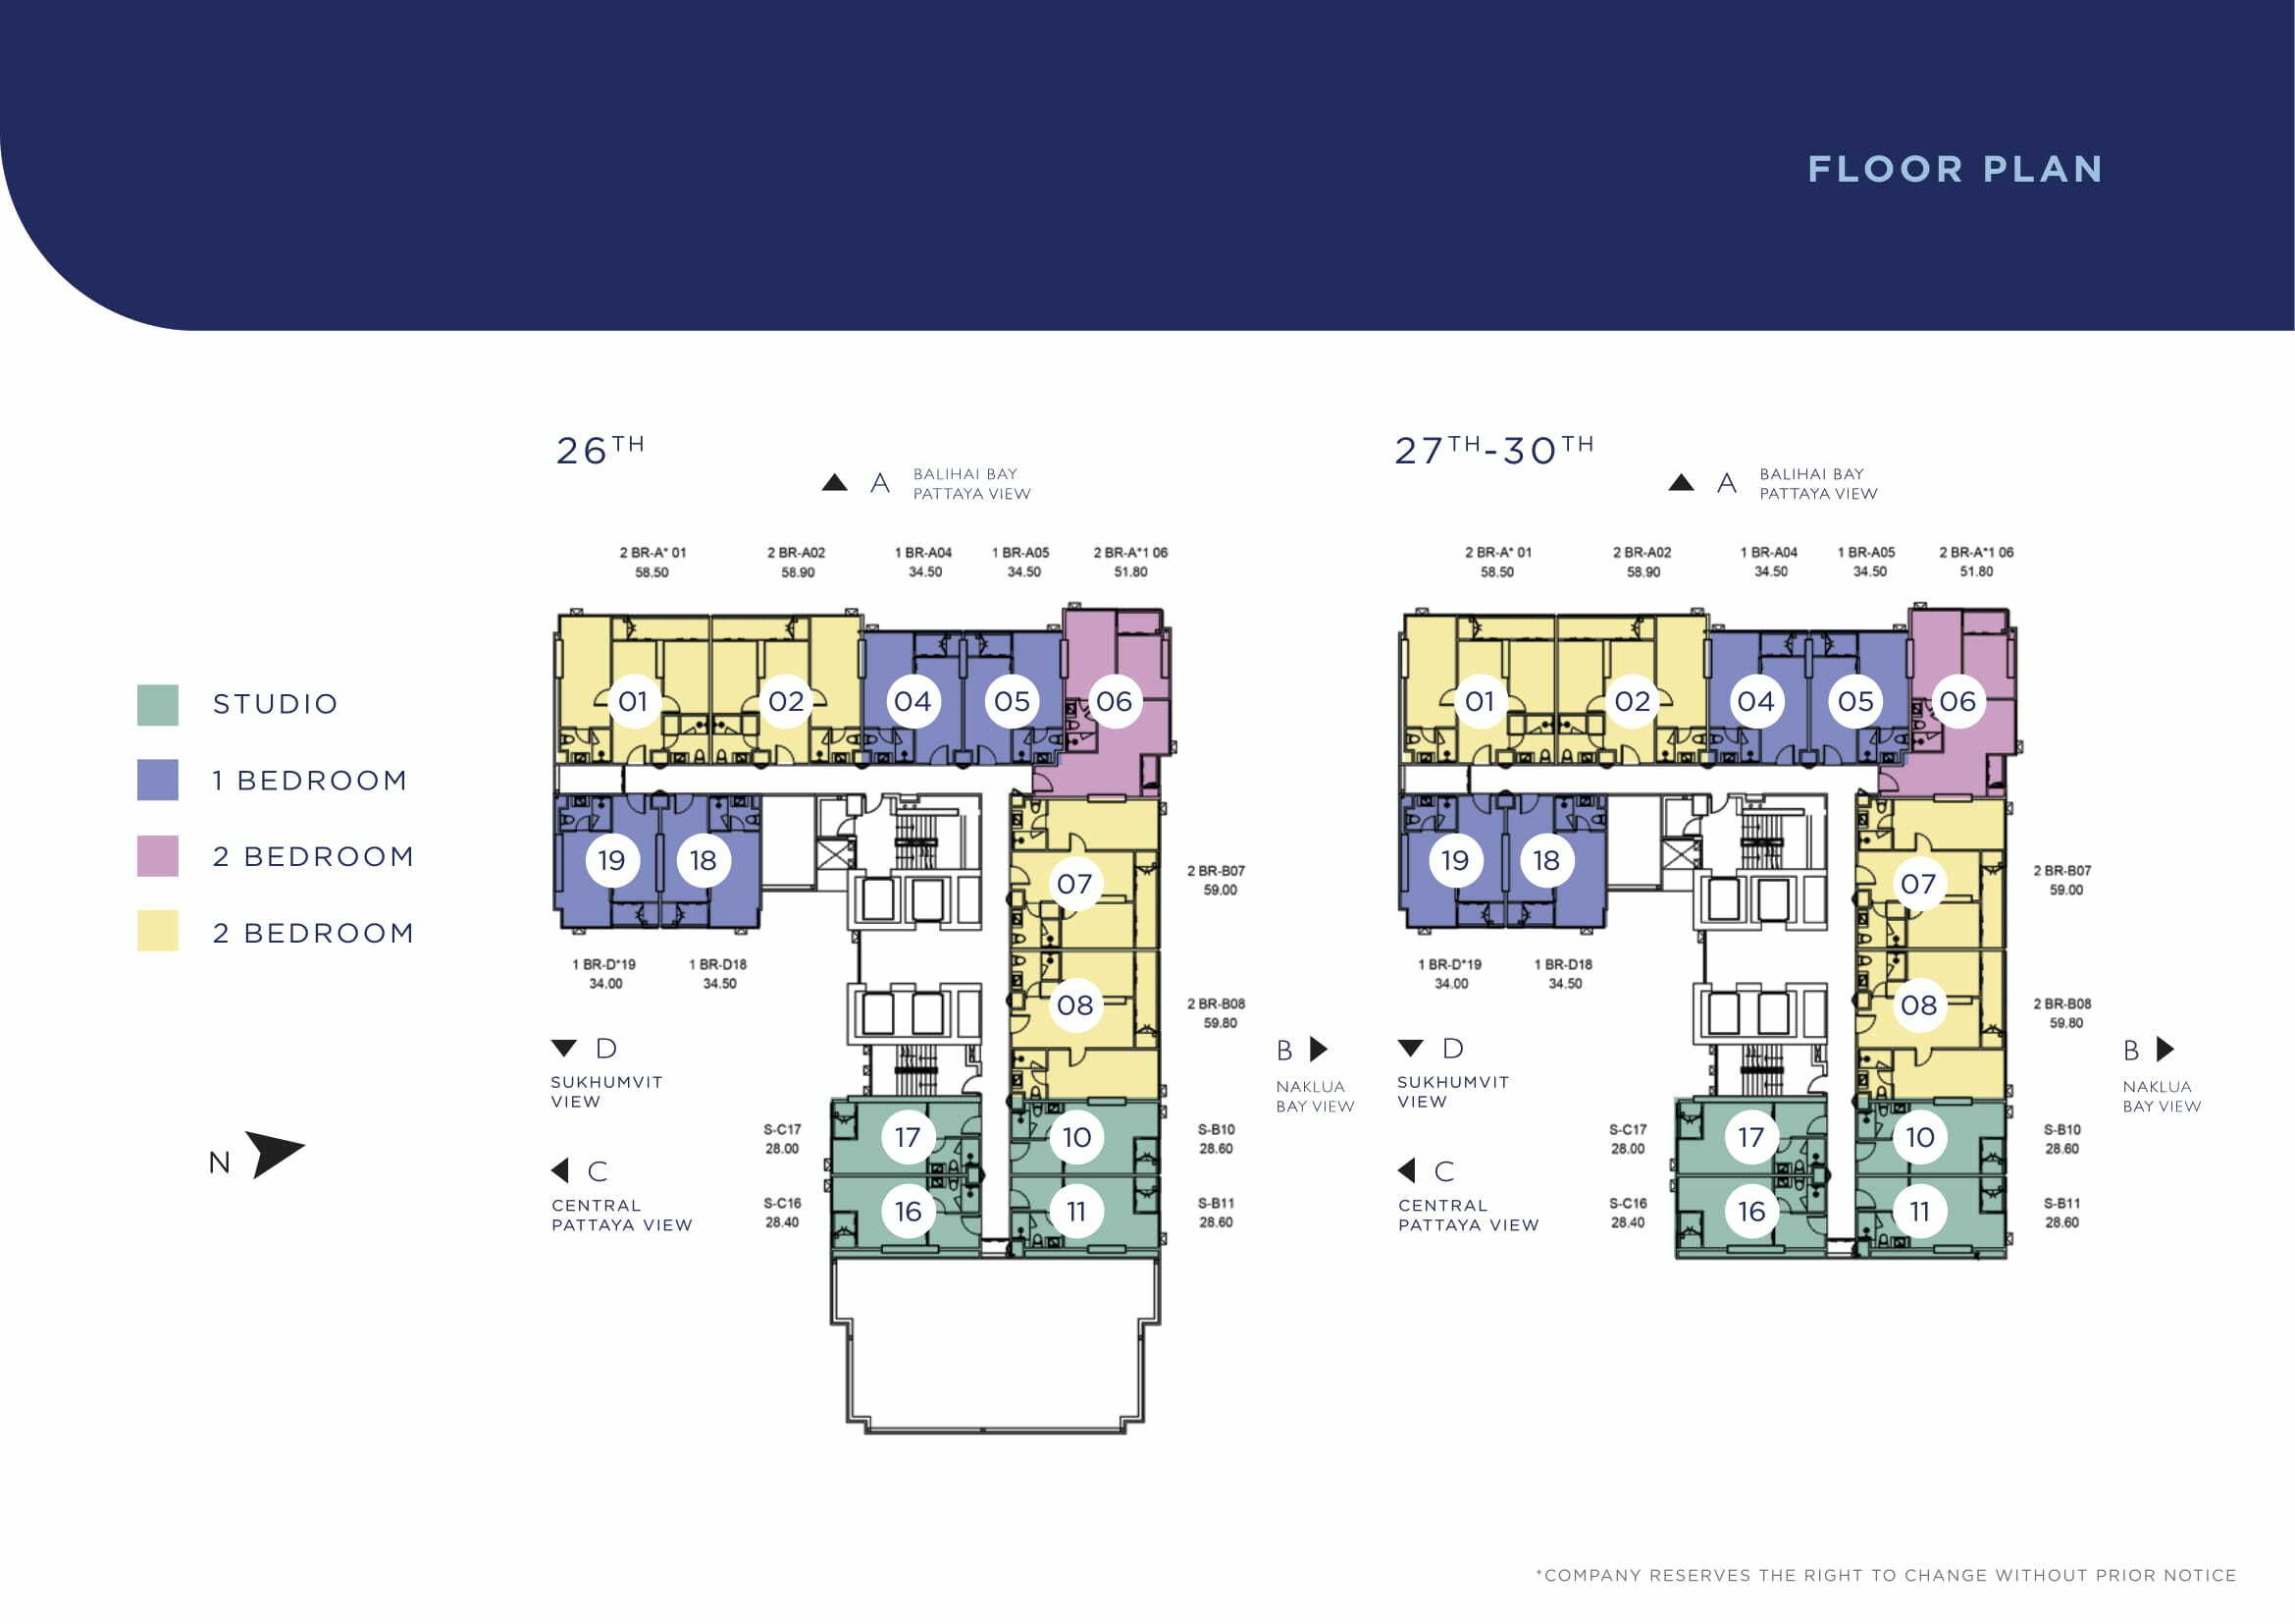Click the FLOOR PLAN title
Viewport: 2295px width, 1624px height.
[1956, 169]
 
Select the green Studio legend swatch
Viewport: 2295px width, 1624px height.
[158, 705]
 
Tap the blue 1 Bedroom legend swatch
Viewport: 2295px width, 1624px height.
[158, 780]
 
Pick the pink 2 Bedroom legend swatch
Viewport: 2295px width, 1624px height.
[158, 856]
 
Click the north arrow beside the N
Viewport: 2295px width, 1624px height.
[272, 1154]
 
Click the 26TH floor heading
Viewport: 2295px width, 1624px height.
[600, 449]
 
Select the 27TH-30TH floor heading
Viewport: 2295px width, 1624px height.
[1494, 449]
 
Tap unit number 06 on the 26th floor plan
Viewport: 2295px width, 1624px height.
[1115, 701]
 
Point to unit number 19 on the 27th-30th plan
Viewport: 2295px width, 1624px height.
[1455, 860]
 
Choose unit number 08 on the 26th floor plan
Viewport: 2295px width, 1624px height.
[1075, 1005]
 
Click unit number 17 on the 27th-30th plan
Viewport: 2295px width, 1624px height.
[1751, 1137]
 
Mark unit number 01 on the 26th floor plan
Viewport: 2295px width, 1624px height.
[633, 701]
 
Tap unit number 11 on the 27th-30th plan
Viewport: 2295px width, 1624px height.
[1919, 1212]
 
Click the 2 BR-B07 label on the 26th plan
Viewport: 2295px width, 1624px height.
[1217, 871]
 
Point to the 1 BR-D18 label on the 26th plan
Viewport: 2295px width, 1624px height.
[717, 964]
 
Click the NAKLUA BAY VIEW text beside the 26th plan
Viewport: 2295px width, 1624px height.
[1316, 1096]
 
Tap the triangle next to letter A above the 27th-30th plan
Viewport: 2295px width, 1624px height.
[1682, 483]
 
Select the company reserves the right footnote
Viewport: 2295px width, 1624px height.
[1886, 1575]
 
